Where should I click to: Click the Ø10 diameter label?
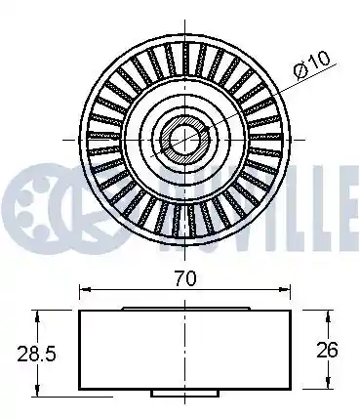(311, 64)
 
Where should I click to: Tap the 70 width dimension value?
(185, 278)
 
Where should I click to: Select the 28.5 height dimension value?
(36, 354)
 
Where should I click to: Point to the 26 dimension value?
(328, 350)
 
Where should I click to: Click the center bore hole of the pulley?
(184, 140)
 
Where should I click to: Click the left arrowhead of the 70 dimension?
(85, 289)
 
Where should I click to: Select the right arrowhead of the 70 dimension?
(285, 289)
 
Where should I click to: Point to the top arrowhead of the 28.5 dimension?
(38, 315)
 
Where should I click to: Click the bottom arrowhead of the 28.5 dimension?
(38, 392)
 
